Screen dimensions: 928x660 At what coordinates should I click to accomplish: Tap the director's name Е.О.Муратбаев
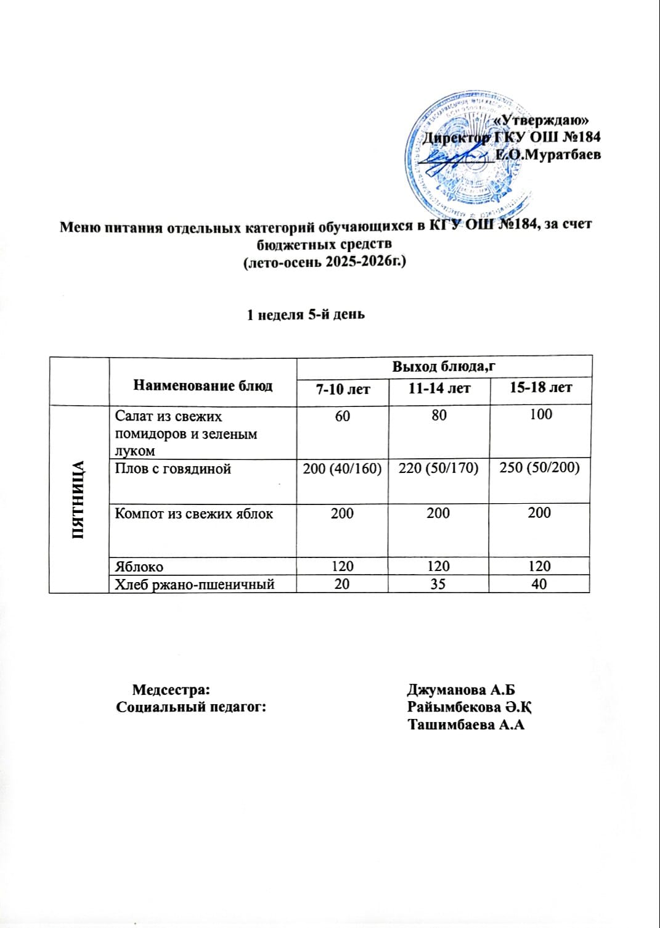548,155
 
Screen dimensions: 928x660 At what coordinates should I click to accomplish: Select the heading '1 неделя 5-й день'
306,314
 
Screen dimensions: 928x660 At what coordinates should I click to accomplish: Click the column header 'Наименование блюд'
203,386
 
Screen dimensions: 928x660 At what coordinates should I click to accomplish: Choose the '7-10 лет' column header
343,388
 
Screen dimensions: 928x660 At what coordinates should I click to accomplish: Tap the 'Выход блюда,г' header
444,366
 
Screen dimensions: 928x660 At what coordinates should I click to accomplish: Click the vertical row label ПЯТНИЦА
79,499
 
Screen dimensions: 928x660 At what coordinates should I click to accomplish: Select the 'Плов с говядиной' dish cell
173,469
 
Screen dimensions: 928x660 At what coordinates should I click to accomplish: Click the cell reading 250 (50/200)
540,468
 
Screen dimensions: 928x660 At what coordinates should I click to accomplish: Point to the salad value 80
439,416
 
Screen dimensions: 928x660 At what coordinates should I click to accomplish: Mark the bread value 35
438,583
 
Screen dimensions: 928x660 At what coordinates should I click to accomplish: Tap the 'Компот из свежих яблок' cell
194,513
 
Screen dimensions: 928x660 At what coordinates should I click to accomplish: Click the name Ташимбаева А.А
465,725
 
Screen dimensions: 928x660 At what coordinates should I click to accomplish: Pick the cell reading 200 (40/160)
343,469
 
